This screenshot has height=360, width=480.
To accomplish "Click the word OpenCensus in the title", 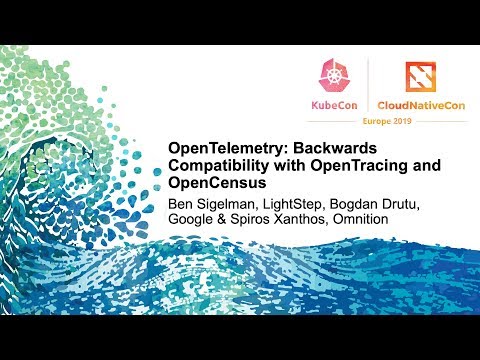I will point(212,183).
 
